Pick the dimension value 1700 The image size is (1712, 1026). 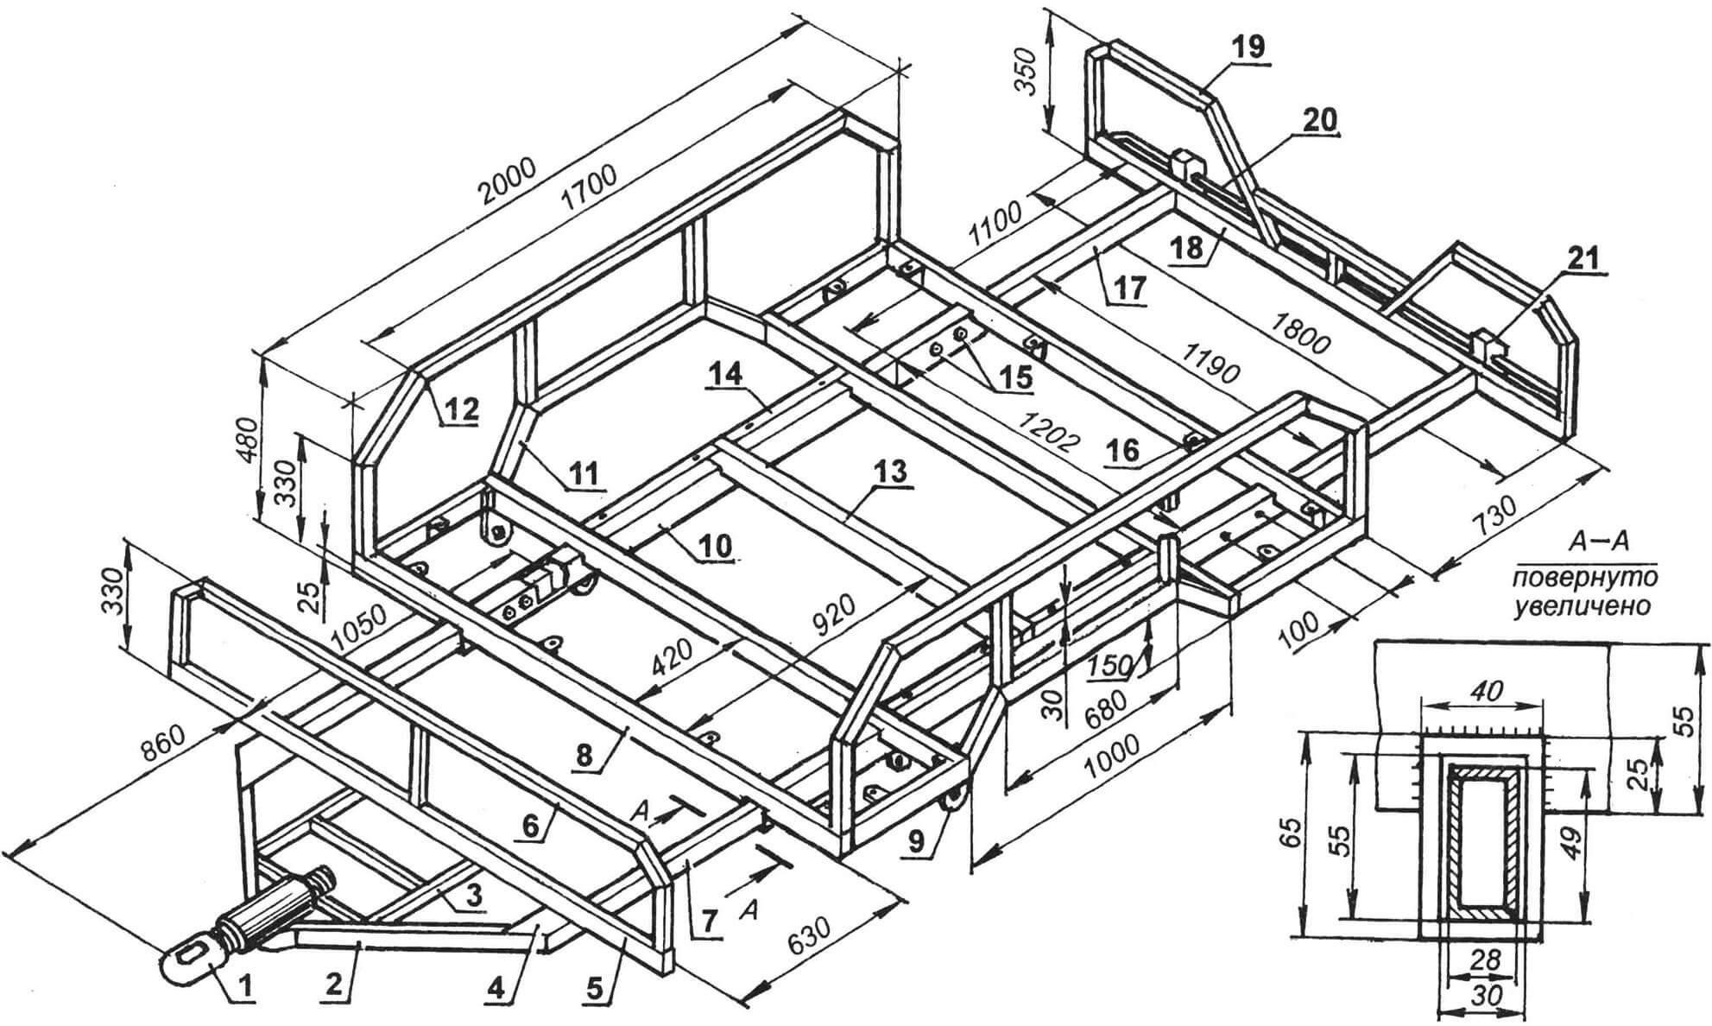[x=591, y=195]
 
